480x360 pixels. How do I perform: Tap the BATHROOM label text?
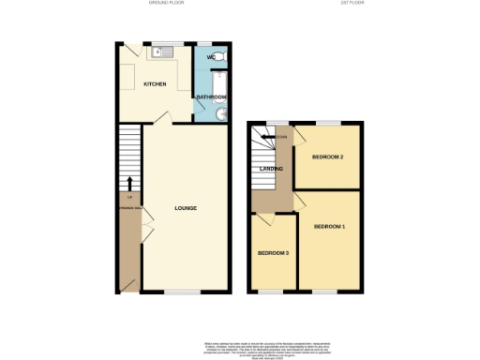(x=211, y=97)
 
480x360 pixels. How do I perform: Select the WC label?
(x=211, y=57)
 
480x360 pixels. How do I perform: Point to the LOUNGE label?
(x=185, y=207)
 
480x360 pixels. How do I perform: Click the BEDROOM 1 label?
(x=329, y=227)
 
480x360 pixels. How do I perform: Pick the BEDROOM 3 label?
(x=273, y=253)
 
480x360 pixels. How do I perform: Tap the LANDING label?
(x=273, y=169)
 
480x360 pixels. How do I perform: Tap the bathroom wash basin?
(x=220, y=114)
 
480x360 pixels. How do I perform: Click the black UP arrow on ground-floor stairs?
(x=129, y=184)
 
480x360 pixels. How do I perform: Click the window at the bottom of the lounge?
(x=185, y=293)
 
